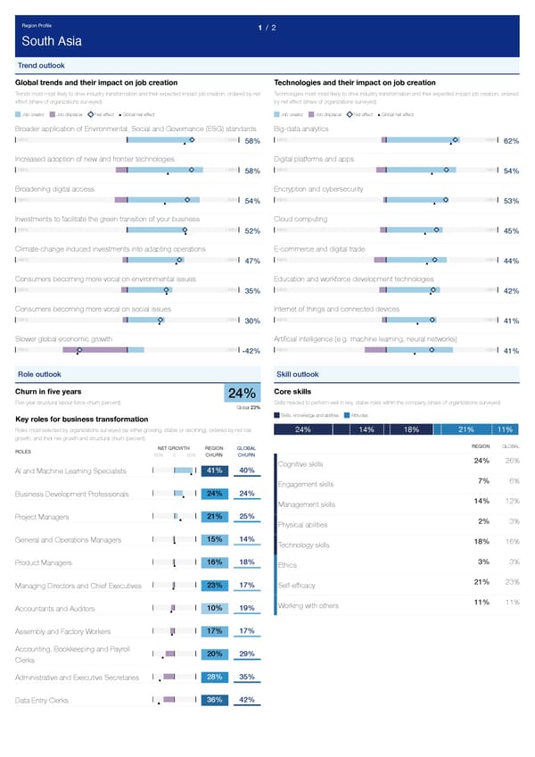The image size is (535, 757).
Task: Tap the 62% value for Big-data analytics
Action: pyautogui.click(x=511, y=141)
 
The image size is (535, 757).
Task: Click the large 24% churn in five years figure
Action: pyautogui.click(x=243, y=394)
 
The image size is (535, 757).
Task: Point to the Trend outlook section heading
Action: pyautogui.click(x=40, y=66)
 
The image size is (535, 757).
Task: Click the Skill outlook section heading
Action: pyautogui.click(x=299, y=374)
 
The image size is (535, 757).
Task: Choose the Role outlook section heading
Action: pyautogui.click(x=39, y=374)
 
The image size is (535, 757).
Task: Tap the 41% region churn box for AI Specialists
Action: pyautogui.click(x=214, y=470)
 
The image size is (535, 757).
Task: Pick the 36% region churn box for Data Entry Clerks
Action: pyautogui.click(x=214, y=700)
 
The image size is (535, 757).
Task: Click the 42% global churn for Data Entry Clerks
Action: pyautogui.click(x=248, y=700)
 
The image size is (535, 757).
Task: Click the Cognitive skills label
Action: pyautogui.click(x=300, y=464)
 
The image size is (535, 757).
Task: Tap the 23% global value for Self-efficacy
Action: pyautogui.click(x=512, y=582)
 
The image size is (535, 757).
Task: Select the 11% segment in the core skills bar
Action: pyautogui.click(x=504, y=430)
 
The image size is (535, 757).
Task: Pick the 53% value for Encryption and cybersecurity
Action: pyautogui.click(x=511, y=201)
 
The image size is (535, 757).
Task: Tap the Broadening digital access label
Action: pyautogui.click(x=55, y=188)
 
